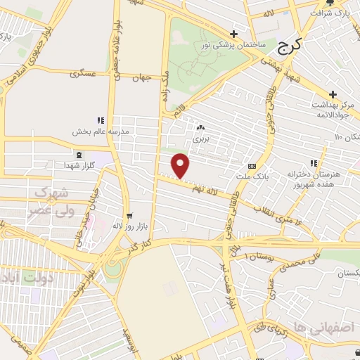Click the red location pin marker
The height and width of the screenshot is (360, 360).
(181, 165)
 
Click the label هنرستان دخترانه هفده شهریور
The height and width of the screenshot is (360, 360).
(313, 178)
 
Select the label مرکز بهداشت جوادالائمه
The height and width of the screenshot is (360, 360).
(332, 106)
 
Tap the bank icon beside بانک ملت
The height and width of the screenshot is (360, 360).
(252, 167)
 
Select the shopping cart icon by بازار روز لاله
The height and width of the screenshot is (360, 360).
(127, 216)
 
